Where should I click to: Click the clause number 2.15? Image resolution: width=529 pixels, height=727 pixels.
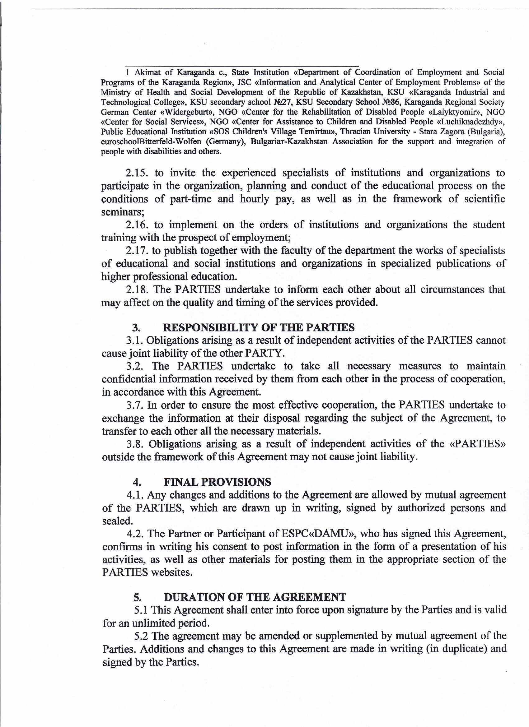(137, 173)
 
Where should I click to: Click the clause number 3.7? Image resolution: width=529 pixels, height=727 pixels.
(134, 405)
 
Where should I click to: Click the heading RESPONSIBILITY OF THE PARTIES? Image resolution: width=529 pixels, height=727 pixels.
(259, 328)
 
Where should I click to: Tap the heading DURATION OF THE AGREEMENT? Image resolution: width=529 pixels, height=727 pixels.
(255, 597)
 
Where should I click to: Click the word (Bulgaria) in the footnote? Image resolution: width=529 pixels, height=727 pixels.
(484, 132)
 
